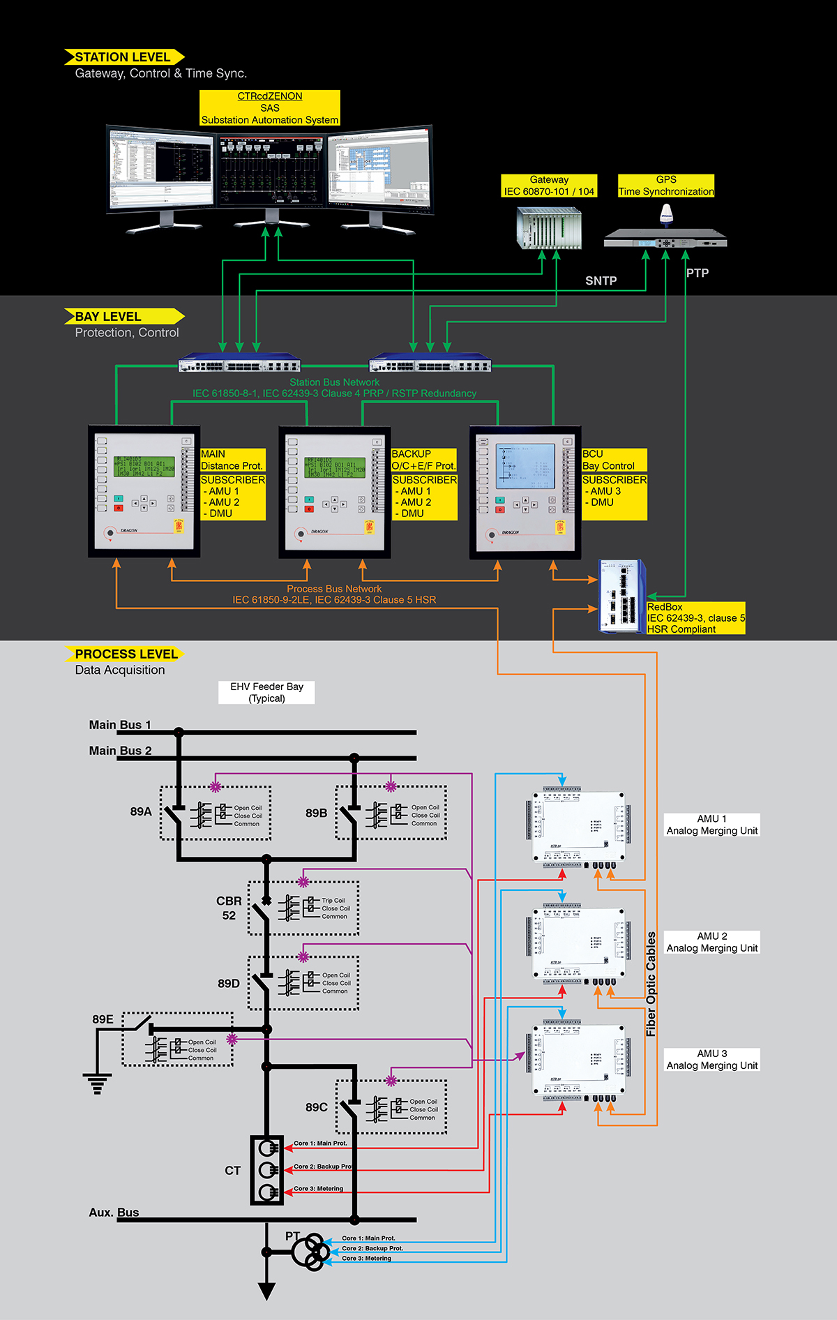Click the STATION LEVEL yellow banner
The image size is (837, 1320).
(x=123, y=57)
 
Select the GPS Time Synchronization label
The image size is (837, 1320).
(x=666, y=186)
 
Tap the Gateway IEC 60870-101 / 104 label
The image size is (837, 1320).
(x=549, y=186)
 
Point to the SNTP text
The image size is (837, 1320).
(x=601, y=281)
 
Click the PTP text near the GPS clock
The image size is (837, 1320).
(x=697, y=273)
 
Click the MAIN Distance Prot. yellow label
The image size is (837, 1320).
(x=232, y=460)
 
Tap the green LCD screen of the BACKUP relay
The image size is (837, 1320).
(x=335, y=467)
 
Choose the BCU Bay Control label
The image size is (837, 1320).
(x=614, y=460)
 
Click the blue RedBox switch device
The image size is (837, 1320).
(x=622, y=596)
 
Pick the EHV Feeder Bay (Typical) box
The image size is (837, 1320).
(x=266, y=692)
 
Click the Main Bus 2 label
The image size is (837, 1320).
(x=120, y=751)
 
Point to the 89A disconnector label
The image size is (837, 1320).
(x=141, y=811)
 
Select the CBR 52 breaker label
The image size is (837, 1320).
(x=229, y=908)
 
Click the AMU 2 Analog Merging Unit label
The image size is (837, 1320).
(x=711, y=942)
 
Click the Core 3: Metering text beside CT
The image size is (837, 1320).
(x=318, y=1188)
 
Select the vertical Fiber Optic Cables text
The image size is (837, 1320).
(x=651, y=984)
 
